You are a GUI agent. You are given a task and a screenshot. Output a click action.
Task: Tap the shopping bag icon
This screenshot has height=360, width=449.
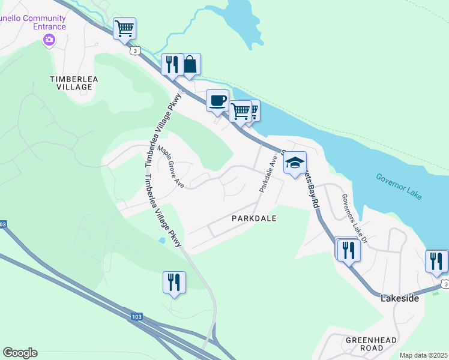pos(190,64)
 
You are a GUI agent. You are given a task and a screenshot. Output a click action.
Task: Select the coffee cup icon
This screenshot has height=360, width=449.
pos(217,100)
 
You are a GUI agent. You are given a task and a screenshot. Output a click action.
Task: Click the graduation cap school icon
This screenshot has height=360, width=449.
pos(295,162)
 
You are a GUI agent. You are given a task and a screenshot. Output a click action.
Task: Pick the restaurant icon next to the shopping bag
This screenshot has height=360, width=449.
pos(172,64)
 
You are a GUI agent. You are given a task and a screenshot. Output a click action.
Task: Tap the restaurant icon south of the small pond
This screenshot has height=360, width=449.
pos(174,282)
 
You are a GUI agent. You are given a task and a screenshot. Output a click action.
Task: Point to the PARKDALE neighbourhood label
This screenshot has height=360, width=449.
pos(254,218)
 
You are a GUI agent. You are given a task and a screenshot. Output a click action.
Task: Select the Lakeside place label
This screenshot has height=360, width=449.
pos(400,298)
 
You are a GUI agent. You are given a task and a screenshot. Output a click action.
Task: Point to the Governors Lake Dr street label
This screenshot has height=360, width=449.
pos(353,218)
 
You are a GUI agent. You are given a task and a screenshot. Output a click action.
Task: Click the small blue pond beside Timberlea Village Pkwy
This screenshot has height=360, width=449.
pos(161,241)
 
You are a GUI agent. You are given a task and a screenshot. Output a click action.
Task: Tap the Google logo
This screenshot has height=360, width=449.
pos(20,353)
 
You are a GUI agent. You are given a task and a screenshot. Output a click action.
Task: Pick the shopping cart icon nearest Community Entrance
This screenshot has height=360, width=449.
pos(124,28)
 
